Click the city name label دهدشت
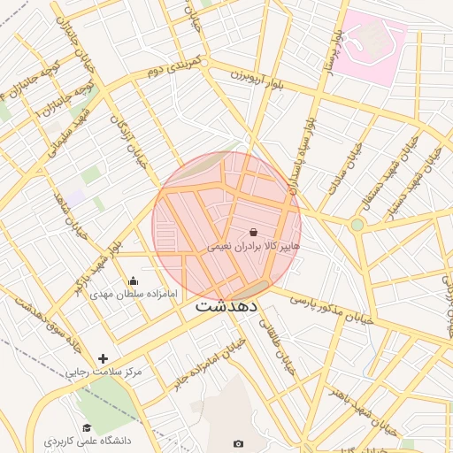tap(226, 306)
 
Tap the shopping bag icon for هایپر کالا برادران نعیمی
tap(254, 232)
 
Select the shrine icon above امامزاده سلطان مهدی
tap(133, 281)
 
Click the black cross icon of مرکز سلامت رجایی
tap(104, 359)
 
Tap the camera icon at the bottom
tap(238, 443)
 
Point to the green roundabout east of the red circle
tap(357, 225)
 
